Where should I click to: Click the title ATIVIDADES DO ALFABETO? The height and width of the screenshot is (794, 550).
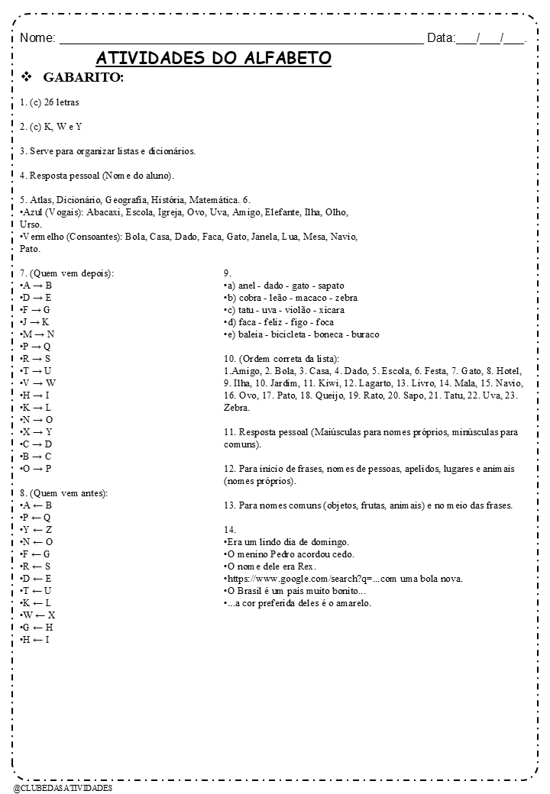coord(213,59)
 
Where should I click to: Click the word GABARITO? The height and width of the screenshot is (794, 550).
coord(83,79)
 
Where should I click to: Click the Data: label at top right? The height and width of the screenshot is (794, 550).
coord(441,37)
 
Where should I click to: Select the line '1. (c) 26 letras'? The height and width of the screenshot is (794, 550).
coord(50,102)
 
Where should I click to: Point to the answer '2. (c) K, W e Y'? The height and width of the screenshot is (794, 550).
coord(51,126)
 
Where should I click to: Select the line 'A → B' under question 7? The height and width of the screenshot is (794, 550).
coord(37,286)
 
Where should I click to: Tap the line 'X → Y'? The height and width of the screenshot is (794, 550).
coord(37,432)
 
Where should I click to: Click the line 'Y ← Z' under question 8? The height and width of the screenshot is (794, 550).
coord(37,530)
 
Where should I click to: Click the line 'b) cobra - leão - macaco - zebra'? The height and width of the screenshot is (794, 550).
coord(291,298)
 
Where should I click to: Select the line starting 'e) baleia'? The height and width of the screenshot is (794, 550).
coord(302,334)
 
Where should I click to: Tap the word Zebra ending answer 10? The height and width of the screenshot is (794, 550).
coord(237,408)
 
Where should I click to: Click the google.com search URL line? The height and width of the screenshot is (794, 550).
coord(344,579)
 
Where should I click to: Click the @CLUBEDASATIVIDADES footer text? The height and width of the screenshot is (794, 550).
coord(63,787)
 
